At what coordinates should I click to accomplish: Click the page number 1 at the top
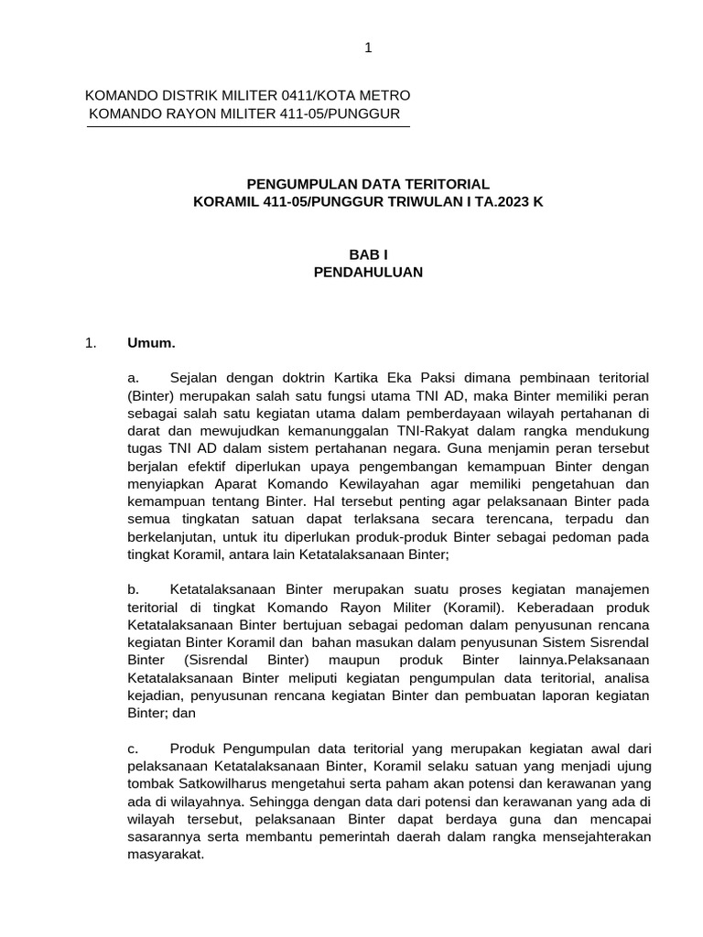368,48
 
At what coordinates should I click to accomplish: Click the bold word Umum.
151,343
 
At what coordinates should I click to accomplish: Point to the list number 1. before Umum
90,343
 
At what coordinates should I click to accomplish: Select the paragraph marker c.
133,749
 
